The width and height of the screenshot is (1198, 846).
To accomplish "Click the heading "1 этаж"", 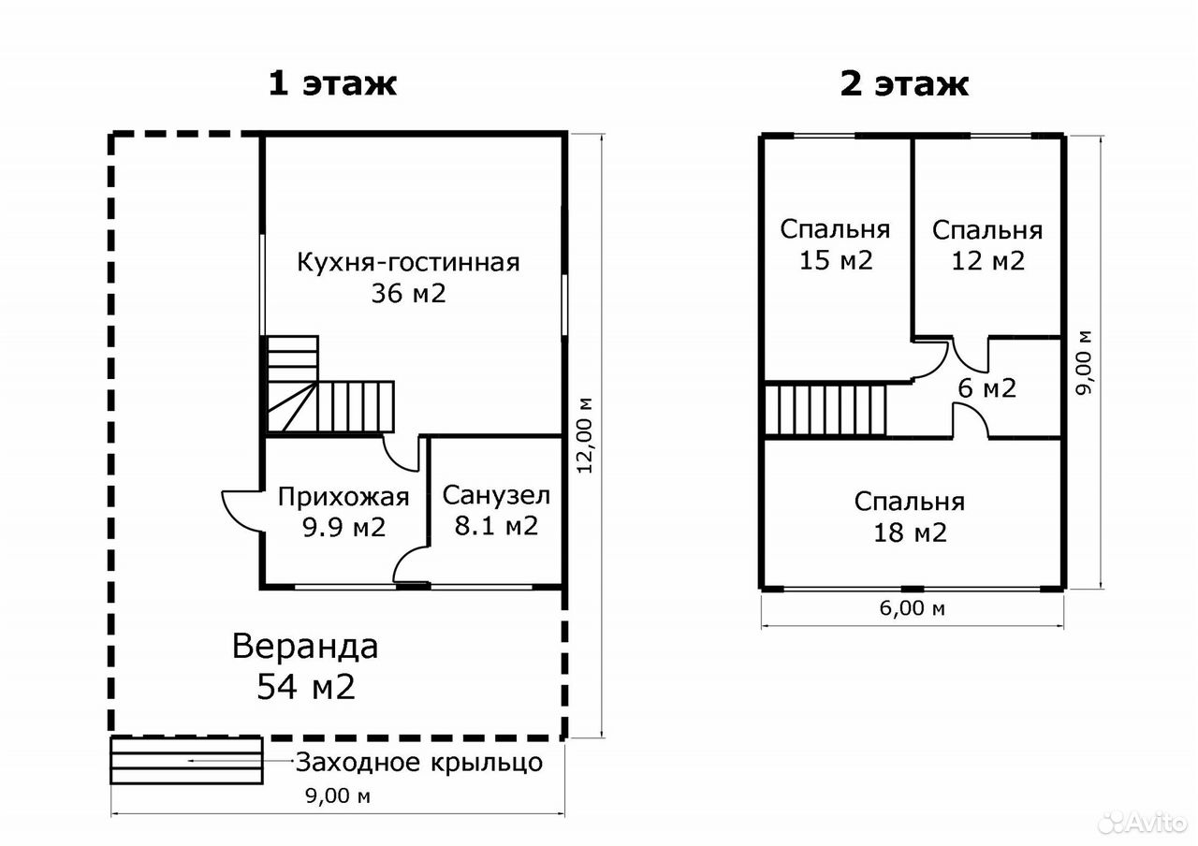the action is (332, 84).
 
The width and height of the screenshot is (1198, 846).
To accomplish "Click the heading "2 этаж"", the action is (904, 84).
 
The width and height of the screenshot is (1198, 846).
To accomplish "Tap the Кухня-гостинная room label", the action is (408, 263).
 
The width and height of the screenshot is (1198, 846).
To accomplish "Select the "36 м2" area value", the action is (409, 294).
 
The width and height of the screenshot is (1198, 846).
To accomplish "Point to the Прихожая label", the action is (343, 497).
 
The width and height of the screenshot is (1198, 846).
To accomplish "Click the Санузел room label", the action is (496, 496).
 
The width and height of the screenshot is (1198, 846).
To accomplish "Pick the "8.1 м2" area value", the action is (496, 526).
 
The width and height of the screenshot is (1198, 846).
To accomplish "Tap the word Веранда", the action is (305, 647).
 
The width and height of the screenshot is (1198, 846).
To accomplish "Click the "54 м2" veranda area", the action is (306, 687).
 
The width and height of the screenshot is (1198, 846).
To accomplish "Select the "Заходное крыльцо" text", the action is (419, 763).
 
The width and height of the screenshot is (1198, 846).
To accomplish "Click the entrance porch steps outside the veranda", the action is (186, 761).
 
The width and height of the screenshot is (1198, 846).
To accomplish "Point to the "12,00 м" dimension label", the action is (585, 435).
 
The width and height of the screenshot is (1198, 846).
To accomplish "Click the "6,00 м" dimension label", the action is (912, 608).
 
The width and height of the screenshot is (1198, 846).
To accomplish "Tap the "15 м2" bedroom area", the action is (836, 260).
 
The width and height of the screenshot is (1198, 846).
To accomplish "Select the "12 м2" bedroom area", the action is (987, 261).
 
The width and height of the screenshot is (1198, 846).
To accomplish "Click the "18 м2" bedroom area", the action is (911, 532).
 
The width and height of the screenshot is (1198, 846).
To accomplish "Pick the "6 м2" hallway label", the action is (986, 388).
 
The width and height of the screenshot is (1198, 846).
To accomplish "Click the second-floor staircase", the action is (825, 411).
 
